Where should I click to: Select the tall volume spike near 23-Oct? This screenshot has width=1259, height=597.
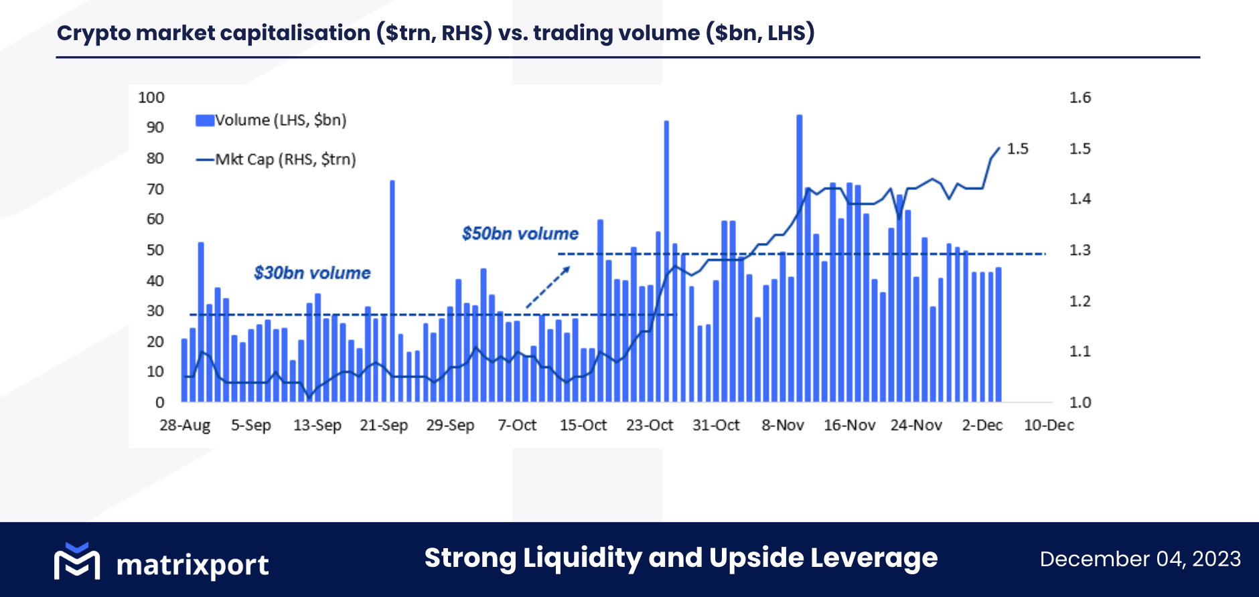click(666, 261)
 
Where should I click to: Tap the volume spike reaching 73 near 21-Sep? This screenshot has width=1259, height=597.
click(392, 291)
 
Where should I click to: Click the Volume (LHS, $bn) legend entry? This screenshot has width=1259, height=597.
click(271, 120)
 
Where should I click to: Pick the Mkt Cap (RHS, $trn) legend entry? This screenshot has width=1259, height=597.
click(276, 159)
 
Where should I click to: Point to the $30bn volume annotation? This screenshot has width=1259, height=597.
click(312, 273)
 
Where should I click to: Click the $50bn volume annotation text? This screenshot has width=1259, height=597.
click(520, 234)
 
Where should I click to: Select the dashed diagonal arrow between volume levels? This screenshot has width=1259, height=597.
click(548, 288)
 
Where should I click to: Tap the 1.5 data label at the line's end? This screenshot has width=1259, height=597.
click(1017, 149)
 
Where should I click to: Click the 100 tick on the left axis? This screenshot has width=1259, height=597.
click(151, 98)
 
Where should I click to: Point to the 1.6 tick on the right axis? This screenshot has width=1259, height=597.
click(1080, 98)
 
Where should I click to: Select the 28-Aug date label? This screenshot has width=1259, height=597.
click(185, 425)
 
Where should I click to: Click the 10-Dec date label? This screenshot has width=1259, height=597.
click(1049, 425)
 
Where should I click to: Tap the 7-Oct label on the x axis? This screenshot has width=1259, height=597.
click(517, 425)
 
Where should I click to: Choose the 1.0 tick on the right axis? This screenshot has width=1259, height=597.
click(1080, 402)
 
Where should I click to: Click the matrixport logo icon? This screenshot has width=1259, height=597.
click(77, 561)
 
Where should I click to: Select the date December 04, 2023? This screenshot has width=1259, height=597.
click(1140, 559)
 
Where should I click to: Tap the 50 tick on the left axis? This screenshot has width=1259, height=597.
click(155, 250)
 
